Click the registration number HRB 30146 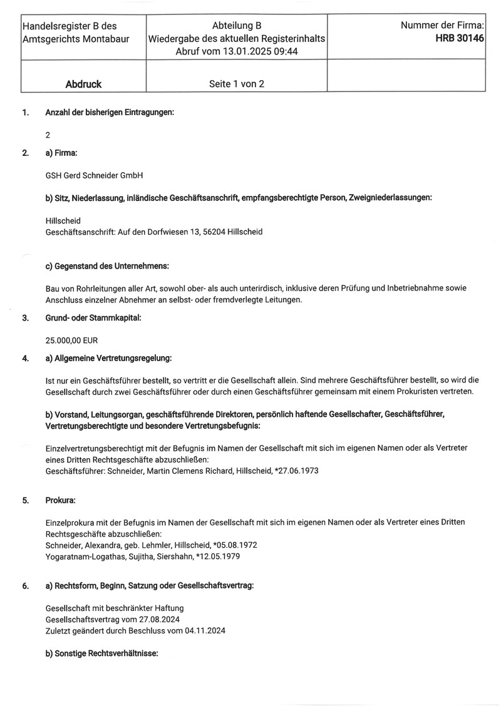(460, 38)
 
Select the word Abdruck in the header (83, 84)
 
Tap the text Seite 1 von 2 (236, 84)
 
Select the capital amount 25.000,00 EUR (72, 341)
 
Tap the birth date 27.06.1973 (296, 470)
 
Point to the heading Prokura (61, 501)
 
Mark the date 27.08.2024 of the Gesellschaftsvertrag (152, 619)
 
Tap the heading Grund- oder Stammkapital (93, 318)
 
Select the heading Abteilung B (236, 26)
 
